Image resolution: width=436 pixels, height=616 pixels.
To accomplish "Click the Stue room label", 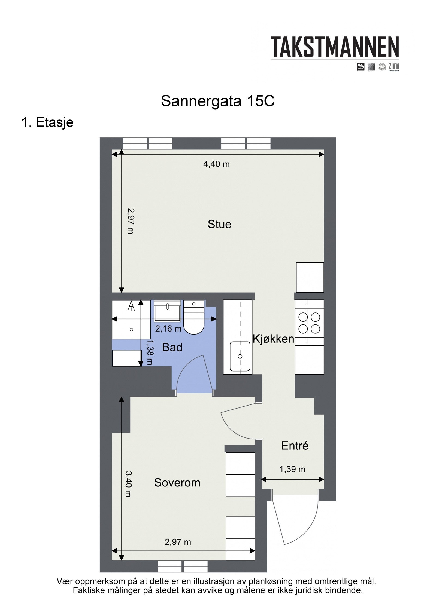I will point(219,224).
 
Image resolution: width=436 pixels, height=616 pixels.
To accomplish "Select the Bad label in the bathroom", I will point(172,347).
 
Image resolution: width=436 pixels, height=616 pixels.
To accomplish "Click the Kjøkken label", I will point(273,339).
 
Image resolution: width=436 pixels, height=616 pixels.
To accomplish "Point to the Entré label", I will point(295,446).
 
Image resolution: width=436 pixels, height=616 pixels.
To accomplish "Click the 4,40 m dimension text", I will point(216,164).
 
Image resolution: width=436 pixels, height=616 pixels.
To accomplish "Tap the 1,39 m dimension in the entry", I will point(292,469).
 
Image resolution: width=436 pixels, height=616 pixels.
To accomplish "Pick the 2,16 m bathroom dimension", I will point(168,329).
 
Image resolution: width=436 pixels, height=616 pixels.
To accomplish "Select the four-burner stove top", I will point(309,323).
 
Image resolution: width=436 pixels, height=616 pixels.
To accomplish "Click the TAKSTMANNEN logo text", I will point(335,47).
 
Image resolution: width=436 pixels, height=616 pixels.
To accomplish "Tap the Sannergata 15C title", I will point(217,101).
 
